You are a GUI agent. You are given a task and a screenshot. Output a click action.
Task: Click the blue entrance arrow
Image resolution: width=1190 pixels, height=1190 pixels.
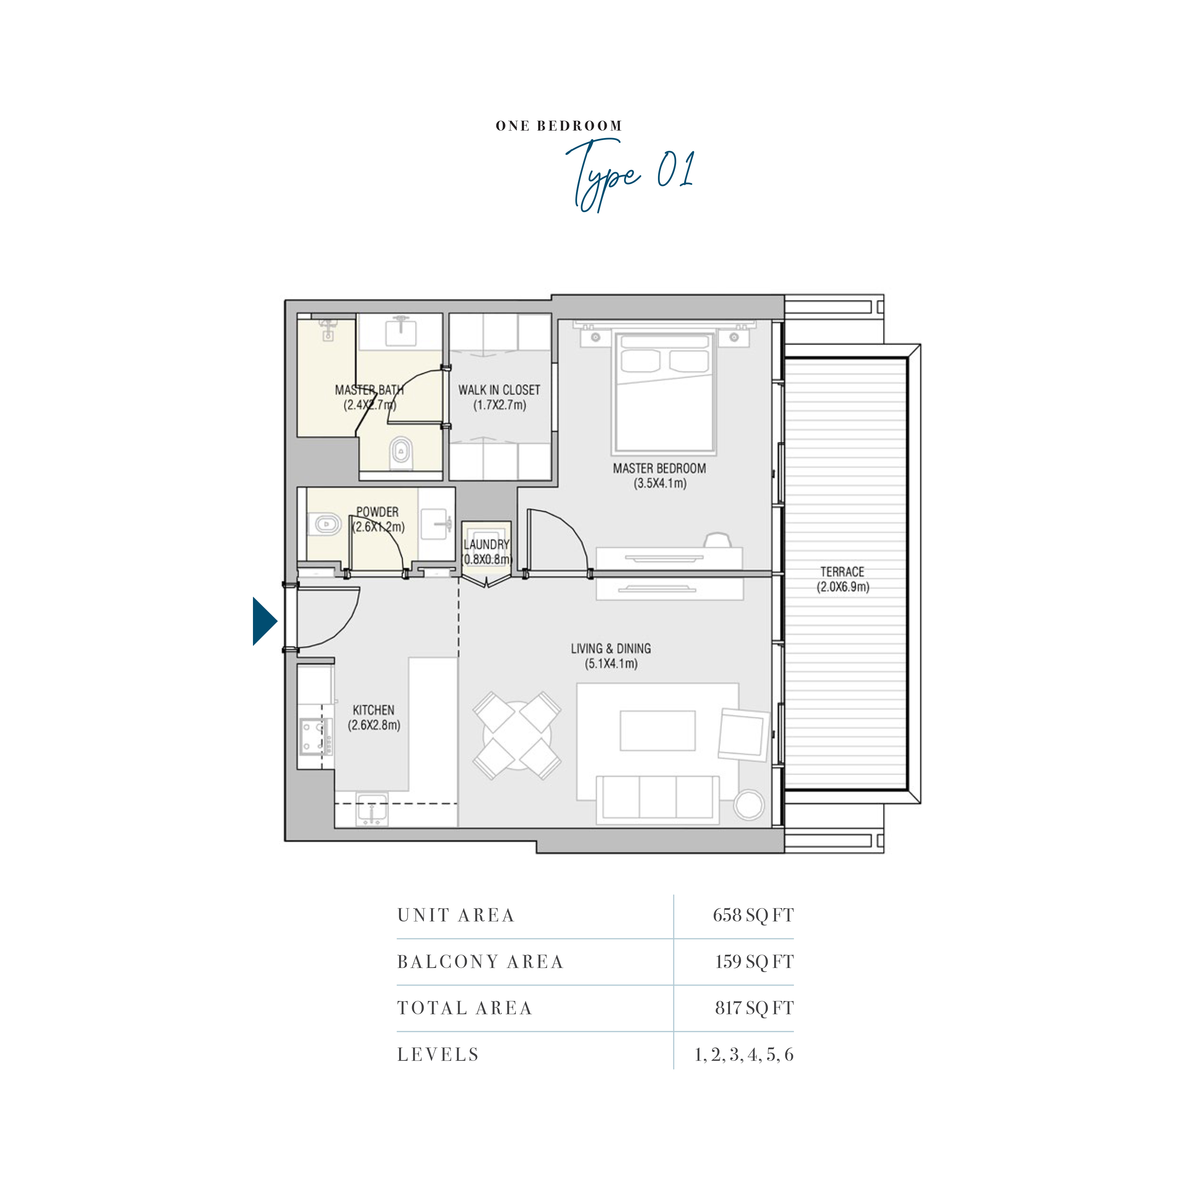(x=263, y=621)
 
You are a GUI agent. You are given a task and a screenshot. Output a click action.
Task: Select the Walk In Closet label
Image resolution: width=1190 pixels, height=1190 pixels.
(x=499, y=390)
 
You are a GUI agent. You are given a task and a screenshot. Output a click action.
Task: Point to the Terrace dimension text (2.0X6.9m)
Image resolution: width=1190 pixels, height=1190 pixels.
(x=843, y=586)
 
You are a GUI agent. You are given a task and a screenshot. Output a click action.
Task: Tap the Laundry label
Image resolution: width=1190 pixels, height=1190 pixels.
(x=487, y=544)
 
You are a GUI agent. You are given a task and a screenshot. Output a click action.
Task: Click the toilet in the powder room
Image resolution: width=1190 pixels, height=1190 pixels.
(x=325, y=524)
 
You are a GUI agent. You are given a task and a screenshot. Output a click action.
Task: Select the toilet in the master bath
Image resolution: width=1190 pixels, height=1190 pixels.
(x=401, y=453)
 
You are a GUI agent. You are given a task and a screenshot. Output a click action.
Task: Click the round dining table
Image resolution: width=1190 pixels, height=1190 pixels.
(x=517, y=736)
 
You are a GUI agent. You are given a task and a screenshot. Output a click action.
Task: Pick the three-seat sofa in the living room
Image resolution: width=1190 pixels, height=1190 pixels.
(x=658, y=799)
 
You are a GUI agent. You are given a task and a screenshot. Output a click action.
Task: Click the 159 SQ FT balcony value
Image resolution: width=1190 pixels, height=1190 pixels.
(x=754, y=962)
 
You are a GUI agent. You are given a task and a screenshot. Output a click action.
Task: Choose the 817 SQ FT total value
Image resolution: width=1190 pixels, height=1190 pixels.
(x=754, y=1008)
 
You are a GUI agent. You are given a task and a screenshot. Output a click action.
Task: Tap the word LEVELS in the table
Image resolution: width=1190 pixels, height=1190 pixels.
(x=438, y=1054)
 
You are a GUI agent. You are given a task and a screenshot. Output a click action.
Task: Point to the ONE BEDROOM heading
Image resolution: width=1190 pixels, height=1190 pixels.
(x=559, y=126)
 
